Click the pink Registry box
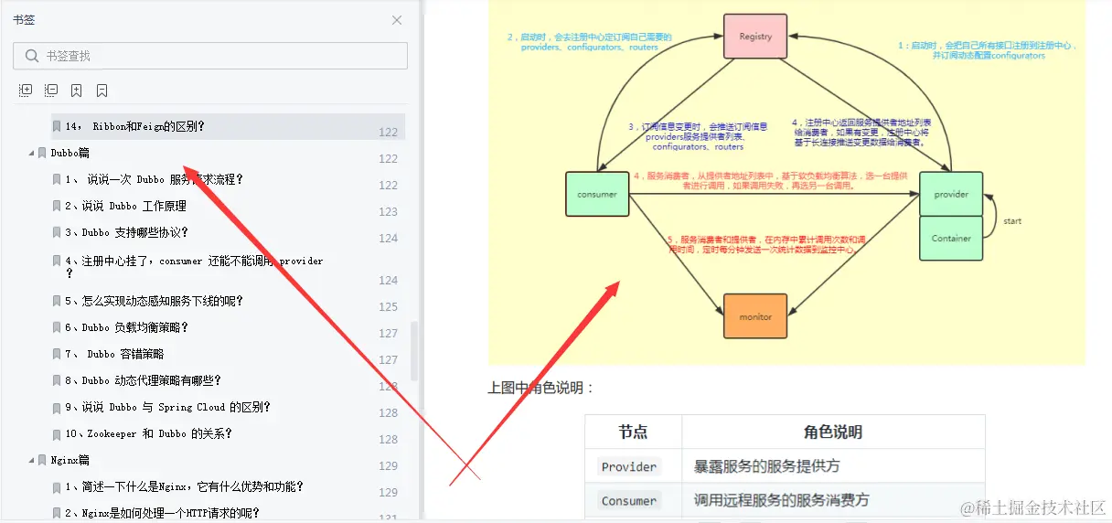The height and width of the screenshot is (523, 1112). coord(755,37)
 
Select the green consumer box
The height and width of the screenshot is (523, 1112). coord(597,194)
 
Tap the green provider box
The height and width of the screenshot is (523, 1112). coord(951,194)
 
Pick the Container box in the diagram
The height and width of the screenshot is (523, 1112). coord(951,238)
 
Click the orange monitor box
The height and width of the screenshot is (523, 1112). coord(755,316)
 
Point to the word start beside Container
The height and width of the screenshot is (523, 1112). coord(1012,221)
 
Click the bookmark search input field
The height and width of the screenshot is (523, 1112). coord(219,56)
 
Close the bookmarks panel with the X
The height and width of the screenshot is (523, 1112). coord(397,20)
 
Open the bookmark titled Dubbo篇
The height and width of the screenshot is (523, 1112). coord(70,153)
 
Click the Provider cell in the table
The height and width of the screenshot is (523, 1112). coord(629,466)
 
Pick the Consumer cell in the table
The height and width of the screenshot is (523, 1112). coord(629,500)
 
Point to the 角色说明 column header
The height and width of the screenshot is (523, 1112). coord(832,432)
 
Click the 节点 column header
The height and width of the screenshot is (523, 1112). coord(633,432)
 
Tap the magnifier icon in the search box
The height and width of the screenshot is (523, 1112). coord(32,56)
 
